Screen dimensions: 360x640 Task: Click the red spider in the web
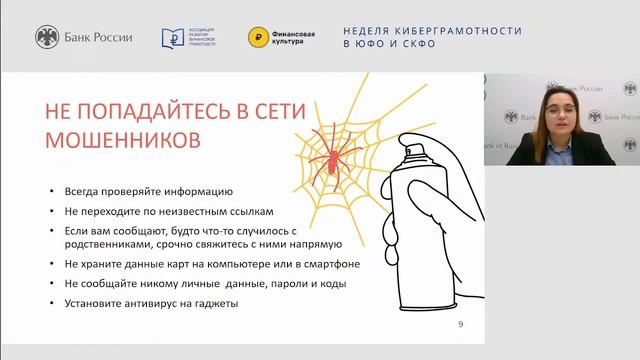point(327,155)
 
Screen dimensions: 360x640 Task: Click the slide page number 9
point(459,325)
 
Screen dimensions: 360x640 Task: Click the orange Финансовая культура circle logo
point(258,38)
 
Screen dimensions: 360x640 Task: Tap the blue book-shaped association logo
point(173,38)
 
